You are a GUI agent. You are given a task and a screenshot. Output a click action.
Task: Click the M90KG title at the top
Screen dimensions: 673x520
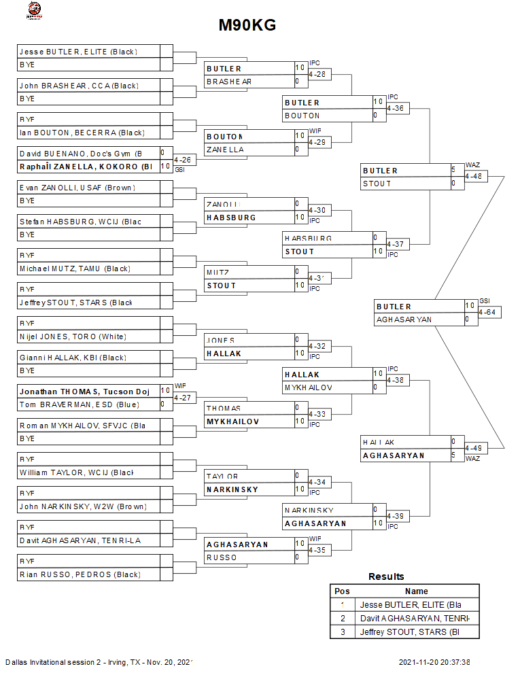coord(247,26)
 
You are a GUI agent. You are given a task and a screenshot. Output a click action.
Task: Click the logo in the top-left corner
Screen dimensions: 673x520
coord(33,10)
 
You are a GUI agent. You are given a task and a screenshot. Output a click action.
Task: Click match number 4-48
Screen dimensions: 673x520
coord(473,177)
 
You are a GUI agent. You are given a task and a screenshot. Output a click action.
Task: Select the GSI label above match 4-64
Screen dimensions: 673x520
coord(484,300)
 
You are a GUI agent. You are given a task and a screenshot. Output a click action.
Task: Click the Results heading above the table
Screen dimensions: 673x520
coord(386,576)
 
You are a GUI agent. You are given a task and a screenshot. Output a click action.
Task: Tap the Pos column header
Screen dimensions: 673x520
coord(342,591)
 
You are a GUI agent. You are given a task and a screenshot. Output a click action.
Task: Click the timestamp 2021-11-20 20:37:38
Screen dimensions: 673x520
coord(434,662)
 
